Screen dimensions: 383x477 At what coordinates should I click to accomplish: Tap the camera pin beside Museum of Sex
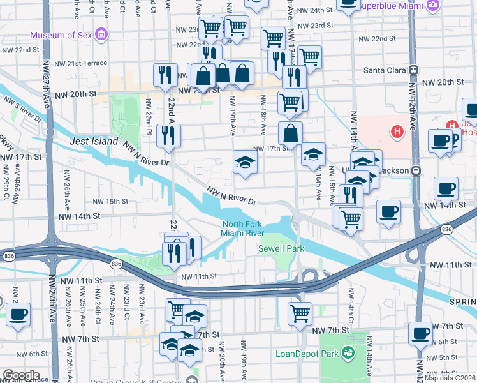[x=101, y=34]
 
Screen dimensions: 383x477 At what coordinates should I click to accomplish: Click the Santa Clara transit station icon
[x=414, y=70]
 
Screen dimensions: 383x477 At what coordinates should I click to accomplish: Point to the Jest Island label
[x=94, y=141]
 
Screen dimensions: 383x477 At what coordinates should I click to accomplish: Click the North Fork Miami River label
[x=242, y=228]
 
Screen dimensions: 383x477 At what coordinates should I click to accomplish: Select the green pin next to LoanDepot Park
[x=348, y=352]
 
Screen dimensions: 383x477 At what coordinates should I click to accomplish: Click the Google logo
[x=21, y=375]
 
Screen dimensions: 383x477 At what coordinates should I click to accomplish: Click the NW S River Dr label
[x=22, y=110]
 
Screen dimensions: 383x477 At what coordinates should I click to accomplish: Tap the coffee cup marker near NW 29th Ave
[x=18, y=313]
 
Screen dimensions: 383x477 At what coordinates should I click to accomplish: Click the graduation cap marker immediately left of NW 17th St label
[x=244, y=161]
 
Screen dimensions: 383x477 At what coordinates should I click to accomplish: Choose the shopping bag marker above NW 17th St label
[x=290, y=133]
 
